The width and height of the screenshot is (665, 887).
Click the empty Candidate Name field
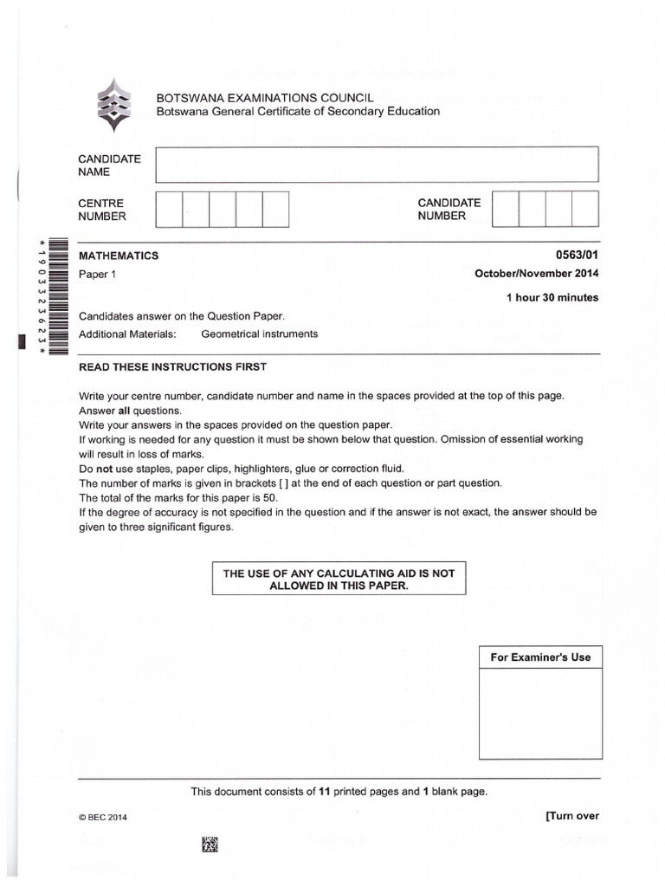(376, 165)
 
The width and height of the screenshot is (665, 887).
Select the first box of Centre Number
(169, 209)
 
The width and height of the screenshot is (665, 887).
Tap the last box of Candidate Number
(584, 209)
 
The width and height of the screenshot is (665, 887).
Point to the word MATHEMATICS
(119, 256)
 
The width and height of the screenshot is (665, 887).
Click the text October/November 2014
(536, 274)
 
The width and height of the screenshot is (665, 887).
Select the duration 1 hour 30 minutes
(552, 298)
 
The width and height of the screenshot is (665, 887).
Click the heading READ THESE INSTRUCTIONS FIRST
(173, 367)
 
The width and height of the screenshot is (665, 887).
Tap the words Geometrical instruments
(259, 333)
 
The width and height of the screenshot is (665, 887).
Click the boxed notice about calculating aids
(339, 579)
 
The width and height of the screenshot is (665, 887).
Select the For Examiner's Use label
(540, 657)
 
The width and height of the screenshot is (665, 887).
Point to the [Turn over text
(571, 816)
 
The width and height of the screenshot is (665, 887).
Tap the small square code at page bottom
(210, 844)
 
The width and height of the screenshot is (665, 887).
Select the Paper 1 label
(96, 275)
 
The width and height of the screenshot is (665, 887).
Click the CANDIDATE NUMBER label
(449, 210)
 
